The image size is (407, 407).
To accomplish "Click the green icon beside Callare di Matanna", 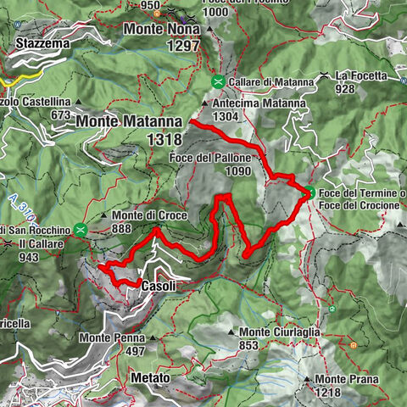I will pyautogui.click(x=218, y=81).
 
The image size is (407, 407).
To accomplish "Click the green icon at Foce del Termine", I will pyautogui.click(x=311, y=192).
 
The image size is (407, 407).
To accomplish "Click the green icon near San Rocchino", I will pyautogui.click(x=80, y=229).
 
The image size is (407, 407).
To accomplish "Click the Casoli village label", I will pyautogui.click(x=159, y=287).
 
